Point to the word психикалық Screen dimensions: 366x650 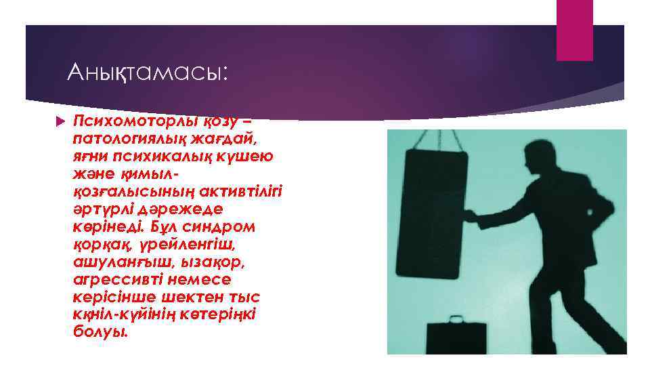tap(149, 156)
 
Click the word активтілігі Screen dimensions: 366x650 tap(236, 191)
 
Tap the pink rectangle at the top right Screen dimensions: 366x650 tap(574, 30)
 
